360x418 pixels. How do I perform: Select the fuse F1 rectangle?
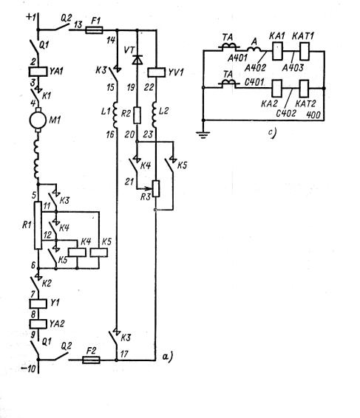click(x=94, y=30)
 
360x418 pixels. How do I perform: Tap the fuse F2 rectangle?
click(x=91, y=360)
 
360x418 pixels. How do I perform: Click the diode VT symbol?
click(x=137, y=59)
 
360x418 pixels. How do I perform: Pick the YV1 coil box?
click(x=156, y=72)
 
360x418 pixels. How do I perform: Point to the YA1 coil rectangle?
click(x=38, y=72)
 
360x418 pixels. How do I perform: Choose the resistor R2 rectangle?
click(x=137, y=115)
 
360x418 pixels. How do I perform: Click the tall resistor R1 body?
click(x=38, y=225)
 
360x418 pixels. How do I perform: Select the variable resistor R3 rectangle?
click(x=156, y=189)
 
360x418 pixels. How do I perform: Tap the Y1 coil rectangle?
click(x=38, y=304)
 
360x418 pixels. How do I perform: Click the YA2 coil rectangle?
click(x=38, y=323)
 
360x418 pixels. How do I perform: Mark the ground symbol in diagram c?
click(x=203, y=135)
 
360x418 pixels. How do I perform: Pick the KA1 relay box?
click(x=277, y=51)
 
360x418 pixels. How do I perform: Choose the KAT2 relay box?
click(x=304, y=89)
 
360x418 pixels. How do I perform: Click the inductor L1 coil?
click(x=115, y=115)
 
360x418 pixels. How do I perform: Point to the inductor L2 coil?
click(x=154, y=114)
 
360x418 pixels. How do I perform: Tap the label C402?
click(x=286, y=113)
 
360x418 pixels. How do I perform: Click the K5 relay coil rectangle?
click(x=99, y=253)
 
